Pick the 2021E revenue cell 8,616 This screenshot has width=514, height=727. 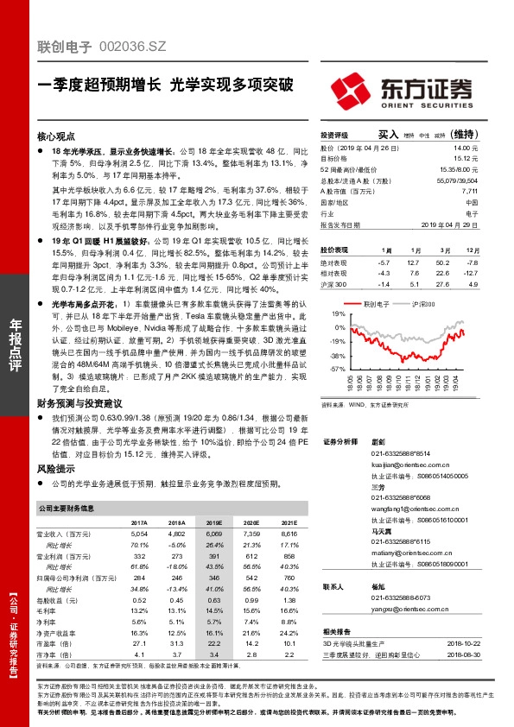(x=289, y=535)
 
